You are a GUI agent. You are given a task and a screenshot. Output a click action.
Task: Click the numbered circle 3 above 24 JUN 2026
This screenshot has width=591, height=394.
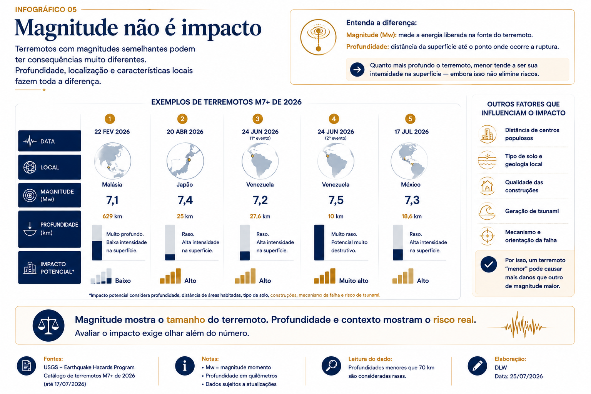257,119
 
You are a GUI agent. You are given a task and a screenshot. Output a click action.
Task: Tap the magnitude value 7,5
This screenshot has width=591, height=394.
336,200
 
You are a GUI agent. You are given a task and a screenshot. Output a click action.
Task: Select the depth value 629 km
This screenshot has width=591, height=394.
112,216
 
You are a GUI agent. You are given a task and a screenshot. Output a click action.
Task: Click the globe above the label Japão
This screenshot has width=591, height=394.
185,161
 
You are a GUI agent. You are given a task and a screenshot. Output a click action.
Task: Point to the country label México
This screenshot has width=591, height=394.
411,184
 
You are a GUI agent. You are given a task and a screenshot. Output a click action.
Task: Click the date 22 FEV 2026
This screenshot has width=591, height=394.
112,132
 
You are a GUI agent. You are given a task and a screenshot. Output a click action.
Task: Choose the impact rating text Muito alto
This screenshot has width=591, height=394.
354,280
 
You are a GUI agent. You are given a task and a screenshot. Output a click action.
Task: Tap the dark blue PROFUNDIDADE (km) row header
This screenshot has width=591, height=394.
50,229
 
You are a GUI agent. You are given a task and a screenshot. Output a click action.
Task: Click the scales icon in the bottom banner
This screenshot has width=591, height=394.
48,326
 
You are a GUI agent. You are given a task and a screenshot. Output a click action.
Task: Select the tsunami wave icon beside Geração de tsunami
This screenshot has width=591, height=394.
487,211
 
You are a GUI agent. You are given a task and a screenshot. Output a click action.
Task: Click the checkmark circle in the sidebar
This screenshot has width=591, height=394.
489,264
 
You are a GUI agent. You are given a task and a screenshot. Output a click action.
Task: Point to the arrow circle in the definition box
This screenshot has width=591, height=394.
357,70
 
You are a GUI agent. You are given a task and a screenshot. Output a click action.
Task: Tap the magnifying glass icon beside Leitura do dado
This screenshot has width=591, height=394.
331,366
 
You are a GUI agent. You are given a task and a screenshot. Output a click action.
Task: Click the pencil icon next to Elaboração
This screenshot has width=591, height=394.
477,366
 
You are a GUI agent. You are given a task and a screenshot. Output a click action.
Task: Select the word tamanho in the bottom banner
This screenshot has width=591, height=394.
185,320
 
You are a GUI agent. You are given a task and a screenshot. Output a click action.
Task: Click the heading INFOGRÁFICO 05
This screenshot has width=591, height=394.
46,10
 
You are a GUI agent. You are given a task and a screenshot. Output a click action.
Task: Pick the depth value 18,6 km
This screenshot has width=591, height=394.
412,216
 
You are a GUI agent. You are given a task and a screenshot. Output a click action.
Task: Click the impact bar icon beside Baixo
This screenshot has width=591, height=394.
101,276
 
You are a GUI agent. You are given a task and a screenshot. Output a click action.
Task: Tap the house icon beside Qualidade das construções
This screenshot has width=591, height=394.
487,186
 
